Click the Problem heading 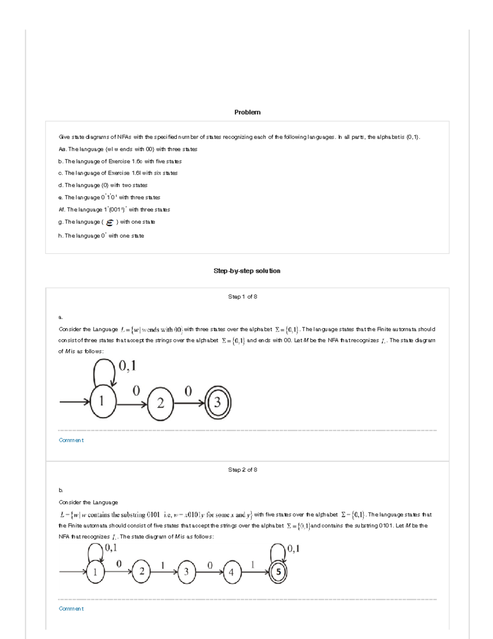click(x=247, y=112)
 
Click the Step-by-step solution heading click(x=246, y=271)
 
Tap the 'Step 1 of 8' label click(x=242, y=297)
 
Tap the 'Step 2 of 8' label click(x=242, y=469)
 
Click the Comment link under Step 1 click(x=71, y=440)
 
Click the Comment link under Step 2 click(x=71, y=609)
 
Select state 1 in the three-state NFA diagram click(x=102, y=402)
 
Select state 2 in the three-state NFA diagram click(x=160, y=403)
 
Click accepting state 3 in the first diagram click(x=217, y=402)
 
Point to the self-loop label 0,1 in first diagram click(x=127, y=366)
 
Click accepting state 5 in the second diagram click(x=278, y=572)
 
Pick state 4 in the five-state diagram click(x=231, y=572)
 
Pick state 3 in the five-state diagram click(x=187, y=572)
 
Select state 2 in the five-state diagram click(x=141, y=572)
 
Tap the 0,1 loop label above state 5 click(x=293, y=548)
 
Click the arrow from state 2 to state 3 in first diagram click(x=189, y=403)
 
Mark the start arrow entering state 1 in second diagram click(x=73, y=572)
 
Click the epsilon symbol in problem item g click(x=110, y=223)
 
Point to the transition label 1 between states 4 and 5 click(x=253, y=565)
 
